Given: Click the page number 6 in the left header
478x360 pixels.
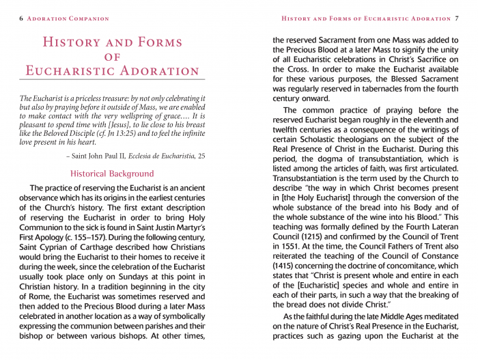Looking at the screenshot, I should tap(21, 18).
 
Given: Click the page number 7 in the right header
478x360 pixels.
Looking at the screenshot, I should tap(456, 18).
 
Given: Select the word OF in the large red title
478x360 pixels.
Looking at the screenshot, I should tap(113, 57).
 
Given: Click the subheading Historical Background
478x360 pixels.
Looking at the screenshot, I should tap(112, 174).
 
